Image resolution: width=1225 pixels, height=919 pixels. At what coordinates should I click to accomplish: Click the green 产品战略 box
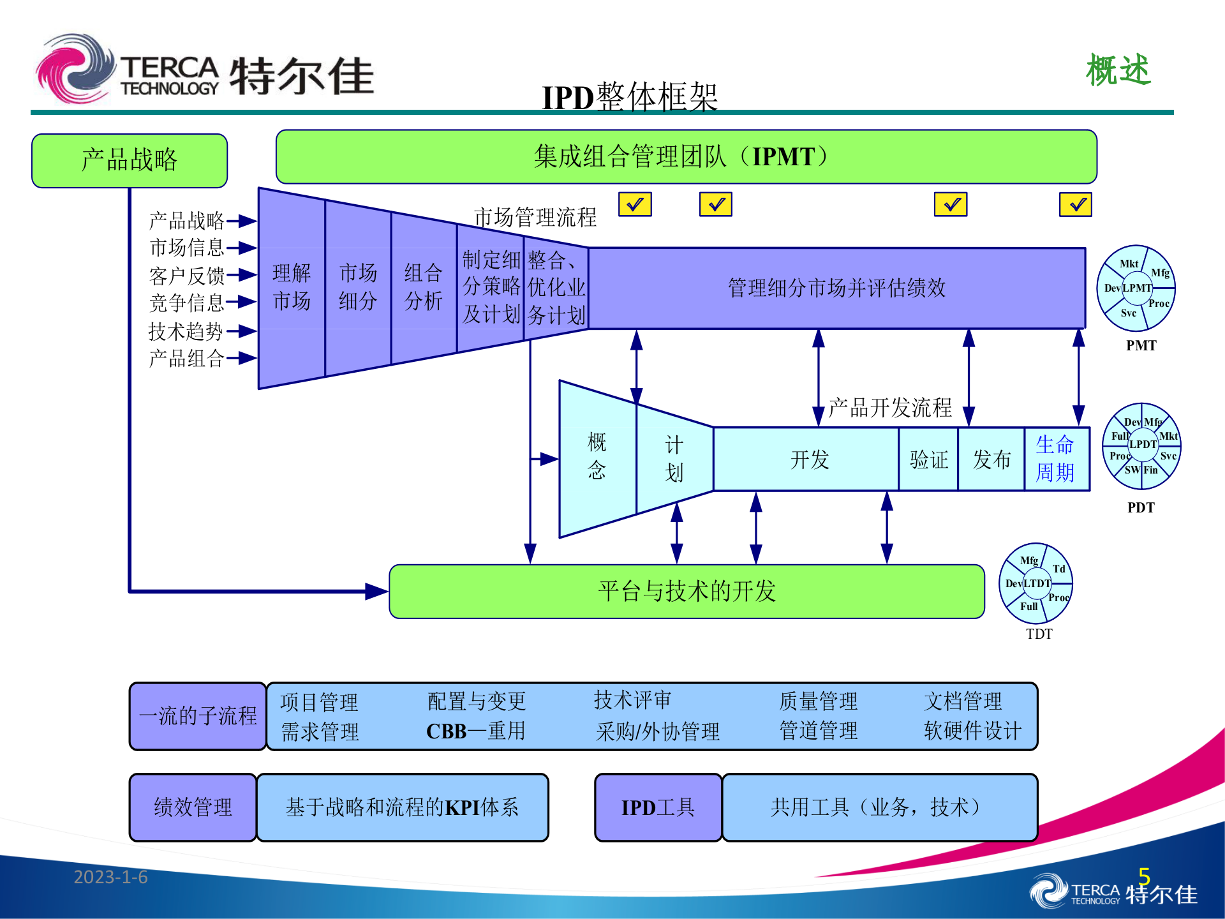pos(129,160)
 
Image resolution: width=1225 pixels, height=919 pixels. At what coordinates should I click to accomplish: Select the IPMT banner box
pos(686,157)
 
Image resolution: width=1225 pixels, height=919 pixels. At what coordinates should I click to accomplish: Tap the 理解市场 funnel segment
pos(292,287)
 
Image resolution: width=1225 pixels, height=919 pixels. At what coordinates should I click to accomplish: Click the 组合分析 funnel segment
pos(423,287)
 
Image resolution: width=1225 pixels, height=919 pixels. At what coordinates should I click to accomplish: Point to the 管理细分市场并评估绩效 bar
pos(836,288)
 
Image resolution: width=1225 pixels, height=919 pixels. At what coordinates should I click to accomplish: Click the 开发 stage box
pos(809,459)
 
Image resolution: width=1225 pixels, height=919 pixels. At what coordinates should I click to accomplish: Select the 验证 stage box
pos(928,459)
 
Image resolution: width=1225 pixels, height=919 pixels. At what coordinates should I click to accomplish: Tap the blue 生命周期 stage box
pos(1055,459)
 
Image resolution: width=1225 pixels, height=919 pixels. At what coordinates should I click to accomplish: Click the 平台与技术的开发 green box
pos(687,592)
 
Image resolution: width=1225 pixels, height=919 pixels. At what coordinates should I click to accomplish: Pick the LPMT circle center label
pos(1137,288)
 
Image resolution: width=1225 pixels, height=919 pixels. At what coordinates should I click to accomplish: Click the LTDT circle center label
pos(1037,583)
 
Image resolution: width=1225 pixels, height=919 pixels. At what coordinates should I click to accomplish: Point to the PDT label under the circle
pos(1141,508)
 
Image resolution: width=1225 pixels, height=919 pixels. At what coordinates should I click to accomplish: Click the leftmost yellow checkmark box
pos(635,205)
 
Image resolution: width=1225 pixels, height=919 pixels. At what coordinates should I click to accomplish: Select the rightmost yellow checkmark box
pos(1076,205)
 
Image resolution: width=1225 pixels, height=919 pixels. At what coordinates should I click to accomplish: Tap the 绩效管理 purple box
pos(193,807)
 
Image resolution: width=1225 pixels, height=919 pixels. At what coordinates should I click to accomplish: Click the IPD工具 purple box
pos(658,807)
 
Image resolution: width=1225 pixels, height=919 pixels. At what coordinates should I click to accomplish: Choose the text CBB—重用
pos(475,731)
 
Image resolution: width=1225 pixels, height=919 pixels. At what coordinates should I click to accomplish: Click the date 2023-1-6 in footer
pos(110,878)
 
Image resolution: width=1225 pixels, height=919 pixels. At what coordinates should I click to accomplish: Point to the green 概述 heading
pos(1118,70)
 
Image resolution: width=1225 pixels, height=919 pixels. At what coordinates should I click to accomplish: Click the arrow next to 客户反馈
pos(242,275)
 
